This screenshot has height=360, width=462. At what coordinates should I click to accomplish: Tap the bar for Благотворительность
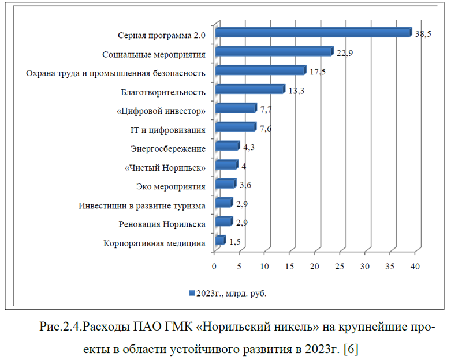tap(249, 90)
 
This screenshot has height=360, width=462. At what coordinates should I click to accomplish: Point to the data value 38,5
tap(423, 34)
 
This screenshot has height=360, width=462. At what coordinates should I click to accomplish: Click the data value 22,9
tap(345, 53)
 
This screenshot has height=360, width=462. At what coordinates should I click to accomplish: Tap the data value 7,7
tap(266, 109)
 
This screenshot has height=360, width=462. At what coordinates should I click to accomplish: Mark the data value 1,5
tap(234, 242)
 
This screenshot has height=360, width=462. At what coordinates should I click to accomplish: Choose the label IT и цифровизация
tap(165, 130)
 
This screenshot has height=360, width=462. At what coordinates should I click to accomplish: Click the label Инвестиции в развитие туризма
tap(142, 205)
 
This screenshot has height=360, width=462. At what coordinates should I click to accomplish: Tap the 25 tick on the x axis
tap(340, 267)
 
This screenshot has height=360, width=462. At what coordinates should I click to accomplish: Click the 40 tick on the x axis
tap(415, 267)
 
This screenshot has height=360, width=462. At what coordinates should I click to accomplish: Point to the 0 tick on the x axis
tap(214, 267)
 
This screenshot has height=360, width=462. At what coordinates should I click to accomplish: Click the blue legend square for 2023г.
tap(192, 293)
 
